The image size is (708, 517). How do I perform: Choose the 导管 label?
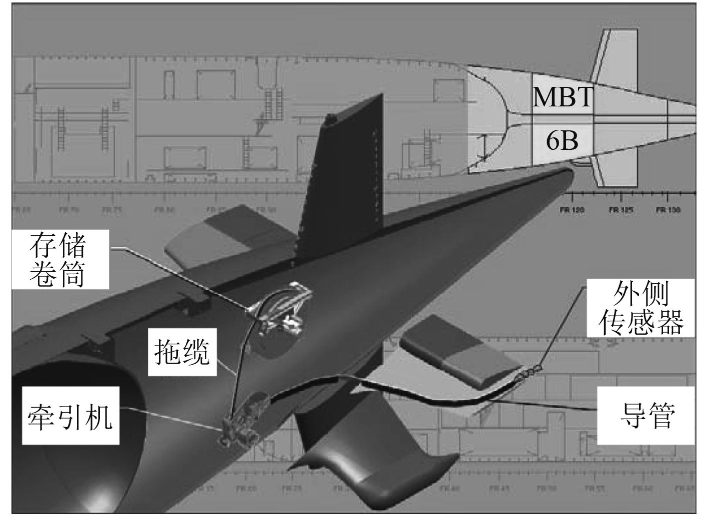click(647, 415)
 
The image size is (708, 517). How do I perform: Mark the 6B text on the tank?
click(562, 141)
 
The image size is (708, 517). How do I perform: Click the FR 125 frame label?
click(621, 211)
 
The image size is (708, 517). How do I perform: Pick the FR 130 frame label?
click(668, 211)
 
